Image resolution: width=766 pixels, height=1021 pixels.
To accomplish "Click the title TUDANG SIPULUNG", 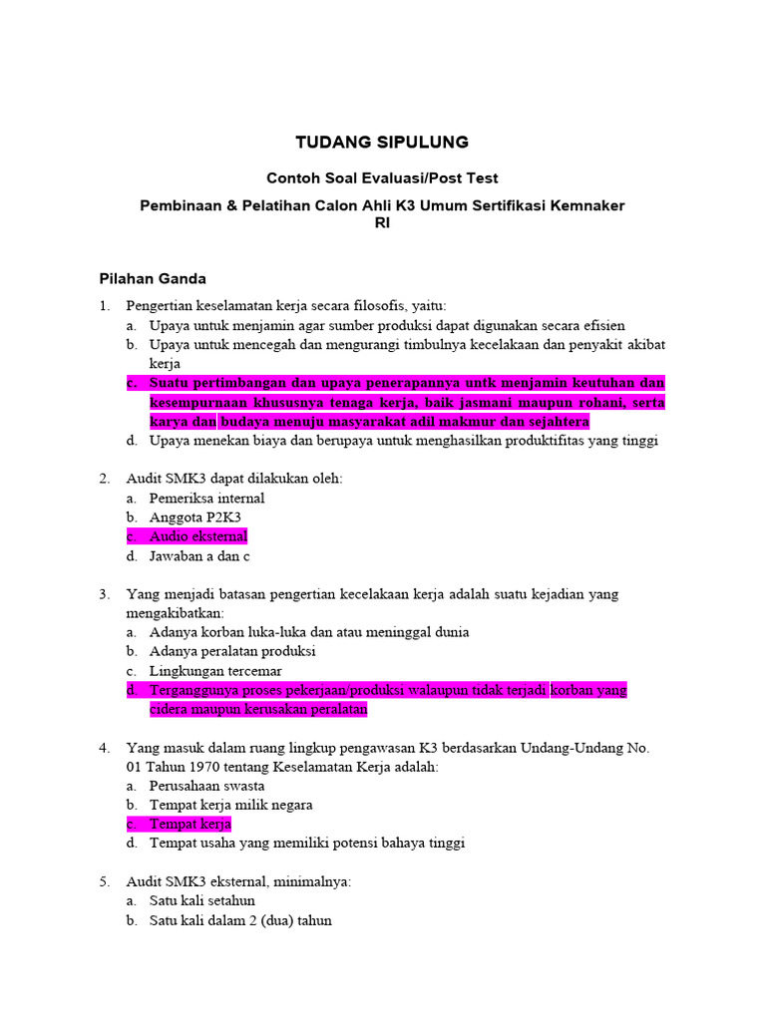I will tap(382, 143).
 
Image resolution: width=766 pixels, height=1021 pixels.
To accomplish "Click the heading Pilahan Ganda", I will tap(153, 278).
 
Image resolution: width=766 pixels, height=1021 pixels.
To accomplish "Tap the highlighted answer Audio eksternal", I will tap(198, 536).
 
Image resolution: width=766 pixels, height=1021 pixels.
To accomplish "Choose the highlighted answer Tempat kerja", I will tap(190, 824).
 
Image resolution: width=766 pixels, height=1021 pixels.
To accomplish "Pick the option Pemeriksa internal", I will tap(206, 498).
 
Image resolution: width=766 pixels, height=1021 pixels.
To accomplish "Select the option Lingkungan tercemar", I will tap(215, 671).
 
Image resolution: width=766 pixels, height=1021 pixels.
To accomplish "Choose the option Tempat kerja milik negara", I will tap(230, 805).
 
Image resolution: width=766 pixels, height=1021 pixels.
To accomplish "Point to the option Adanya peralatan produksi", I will tap(232, 651).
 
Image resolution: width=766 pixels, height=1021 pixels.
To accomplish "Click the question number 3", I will tap(104, 594).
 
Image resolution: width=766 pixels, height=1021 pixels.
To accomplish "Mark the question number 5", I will tap(104, 881).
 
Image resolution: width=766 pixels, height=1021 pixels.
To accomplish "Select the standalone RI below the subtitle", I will tap(382, 223).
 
